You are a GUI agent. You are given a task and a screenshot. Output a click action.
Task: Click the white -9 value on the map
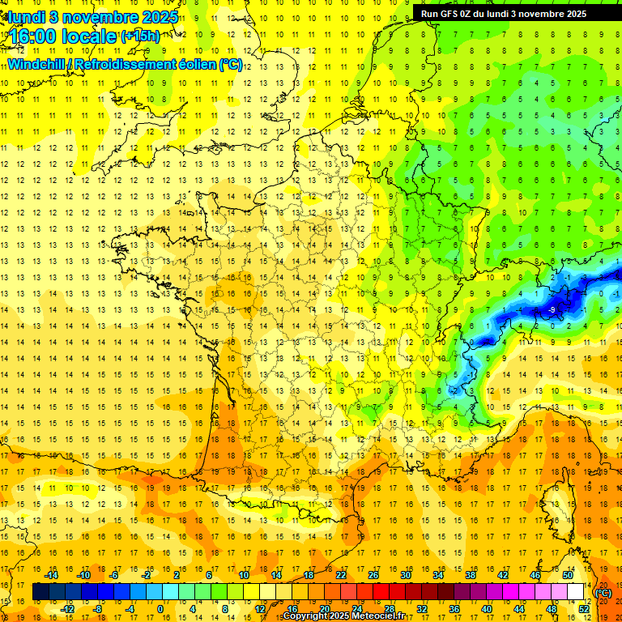(x=552, y=309)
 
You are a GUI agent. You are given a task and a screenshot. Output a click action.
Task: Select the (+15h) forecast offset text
(x=140, y=36)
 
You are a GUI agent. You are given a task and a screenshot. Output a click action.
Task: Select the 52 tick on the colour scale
(x=584, y=609)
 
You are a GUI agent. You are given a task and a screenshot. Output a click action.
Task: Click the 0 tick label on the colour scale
(x=160, y=609)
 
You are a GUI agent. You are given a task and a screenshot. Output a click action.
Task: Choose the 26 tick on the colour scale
(x=373, y=575)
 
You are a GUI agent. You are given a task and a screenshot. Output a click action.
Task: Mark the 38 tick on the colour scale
(x=471, y=575)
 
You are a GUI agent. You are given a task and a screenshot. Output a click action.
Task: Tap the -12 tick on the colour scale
(x=67, y=609)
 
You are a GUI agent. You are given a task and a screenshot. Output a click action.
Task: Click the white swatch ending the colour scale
(x=576, y=592)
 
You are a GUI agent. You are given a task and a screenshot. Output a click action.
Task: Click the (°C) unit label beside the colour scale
(x=603, y=593)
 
